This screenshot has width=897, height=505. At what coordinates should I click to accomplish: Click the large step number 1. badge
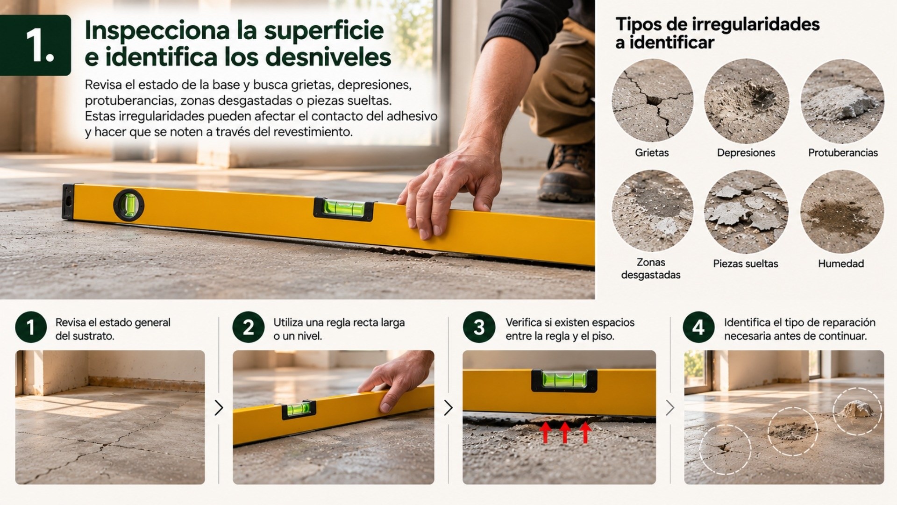pyautogui.click(x=36, y=45)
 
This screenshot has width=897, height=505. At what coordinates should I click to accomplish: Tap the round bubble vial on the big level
pyautogui.click(x=128, y=205)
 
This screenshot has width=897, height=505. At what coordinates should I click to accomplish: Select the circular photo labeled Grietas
pyautogui.click(x=652, y=100)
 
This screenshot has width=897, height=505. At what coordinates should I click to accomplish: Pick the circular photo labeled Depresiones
pyautogui.click(x=746, y=100)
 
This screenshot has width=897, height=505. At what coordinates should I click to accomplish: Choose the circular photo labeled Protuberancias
pyautogui.click(x=842, y=100)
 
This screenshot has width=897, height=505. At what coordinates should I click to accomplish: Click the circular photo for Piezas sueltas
pyautogui.click(x=746, y=212)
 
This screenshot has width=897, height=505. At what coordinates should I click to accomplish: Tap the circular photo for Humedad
pyautogui.click(x=842, y=212)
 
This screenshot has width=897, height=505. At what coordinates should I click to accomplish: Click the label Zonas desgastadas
pyautogui.click(x=651, y=269)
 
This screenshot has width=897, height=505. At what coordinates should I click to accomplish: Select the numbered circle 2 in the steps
pyautogui.click(x=249, y=327)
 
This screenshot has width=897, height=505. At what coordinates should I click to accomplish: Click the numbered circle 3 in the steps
pyautogui.click(x=479, y=327)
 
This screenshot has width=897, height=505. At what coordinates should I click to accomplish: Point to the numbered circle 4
pyautogui.click(x=698, y=327)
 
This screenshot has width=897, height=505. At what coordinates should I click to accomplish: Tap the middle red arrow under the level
pyautogui.click(x=565, y=432)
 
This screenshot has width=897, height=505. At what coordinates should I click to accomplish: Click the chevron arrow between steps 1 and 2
pyautogui.click(x=219, y=408)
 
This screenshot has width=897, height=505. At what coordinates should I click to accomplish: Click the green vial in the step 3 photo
pyautogui.click(x=564, y=380)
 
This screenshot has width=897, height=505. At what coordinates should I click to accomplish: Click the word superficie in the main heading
pyautogui.click(x=324, y=31)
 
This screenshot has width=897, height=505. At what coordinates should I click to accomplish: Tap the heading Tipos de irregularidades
pyautogui.click(x=717, y=24)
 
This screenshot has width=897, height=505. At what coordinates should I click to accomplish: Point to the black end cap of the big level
pyautogui.click(x=68, y=202)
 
